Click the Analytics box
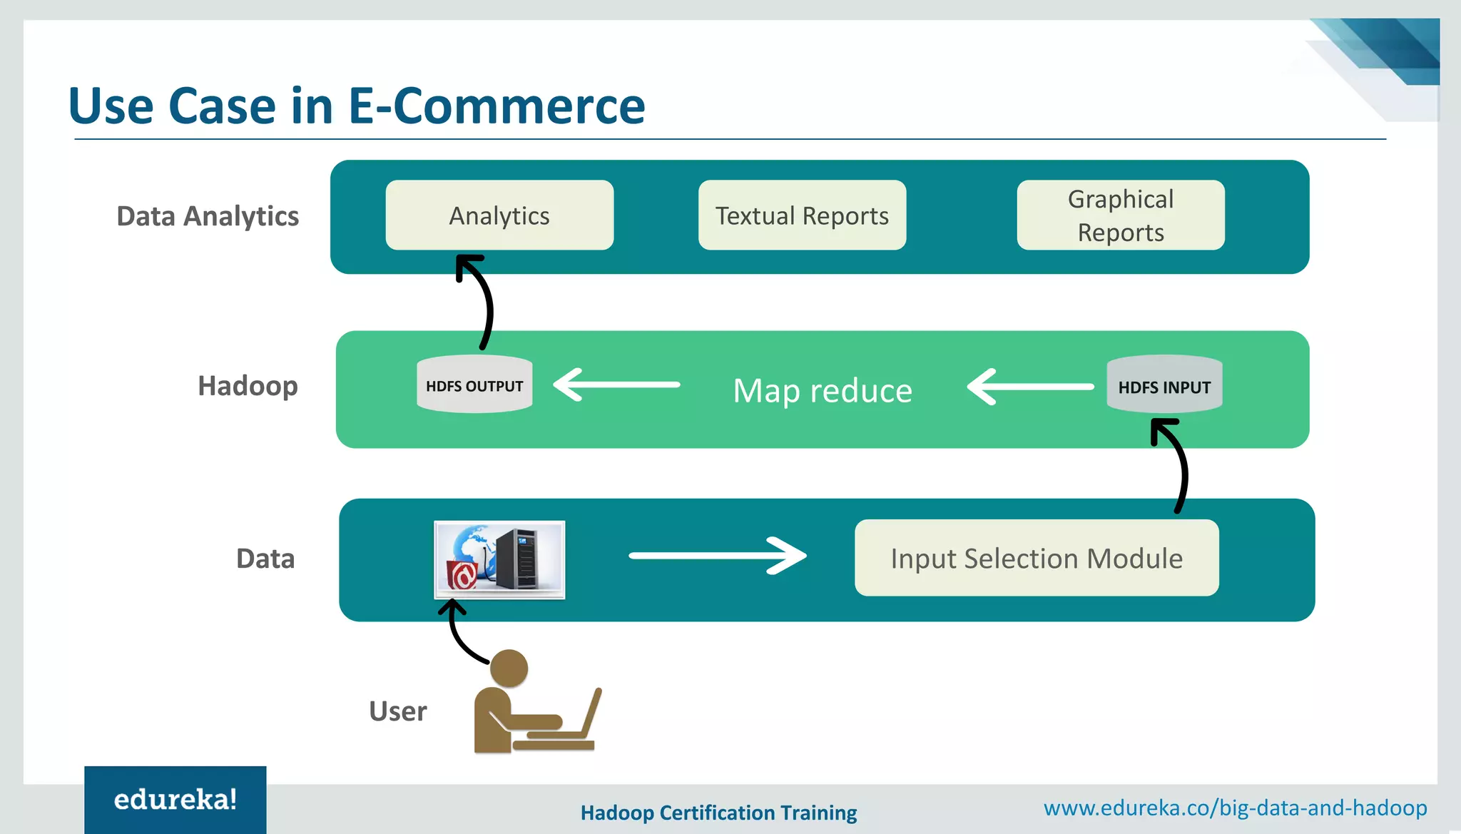coord(499,215)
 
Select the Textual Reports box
coord(802,215)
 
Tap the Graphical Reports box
coord(1120,215)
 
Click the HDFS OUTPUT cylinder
coord(474,385)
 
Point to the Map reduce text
coord(823,391)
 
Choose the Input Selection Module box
coord(1037,558)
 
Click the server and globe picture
coord(499,560)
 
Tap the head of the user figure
coord(509,668)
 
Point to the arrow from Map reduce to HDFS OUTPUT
coord(617,385)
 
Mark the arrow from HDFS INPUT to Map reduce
coord(1031,387)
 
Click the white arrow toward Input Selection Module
coord(717,556)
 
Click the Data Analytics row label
coord(208,216)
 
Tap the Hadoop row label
coord(248,386)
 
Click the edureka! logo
coord(175,800)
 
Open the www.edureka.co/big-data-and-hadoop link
coord(1235,808)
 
